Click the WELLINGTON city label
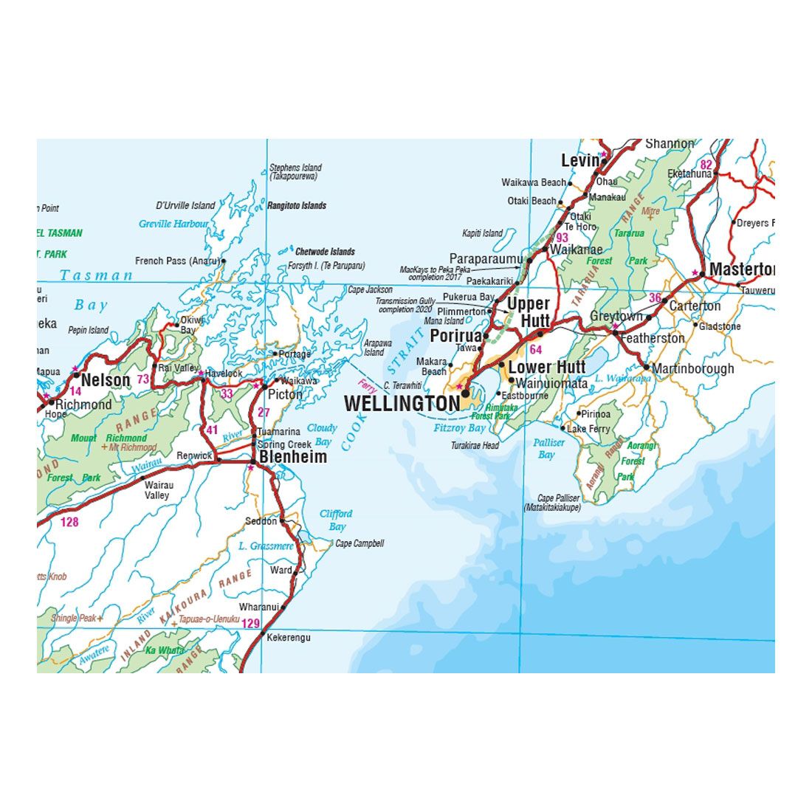[402, 404]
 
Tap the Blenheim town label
[293, 457]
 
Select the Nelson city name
[106, 380]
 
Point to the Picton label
[285, 394]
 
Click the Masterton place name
[741, 269]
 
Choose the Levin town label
[579, 160]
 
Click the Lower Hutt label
[547, 367]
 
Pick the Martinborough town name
[694, 368]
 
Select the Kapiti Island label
[482, 233]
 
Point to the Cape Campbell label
[359, 544]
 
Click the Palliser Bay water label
[548, 448]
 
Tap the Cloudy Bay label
[322, 435]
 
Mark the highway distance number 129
[251, 624]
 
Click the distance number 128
[69, 523]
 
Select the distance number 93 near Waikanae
[562, 238]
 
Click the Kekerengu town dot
[262, 633]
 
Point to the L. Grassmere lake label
[266, 547]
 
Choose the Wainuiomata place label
[552, 384]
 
